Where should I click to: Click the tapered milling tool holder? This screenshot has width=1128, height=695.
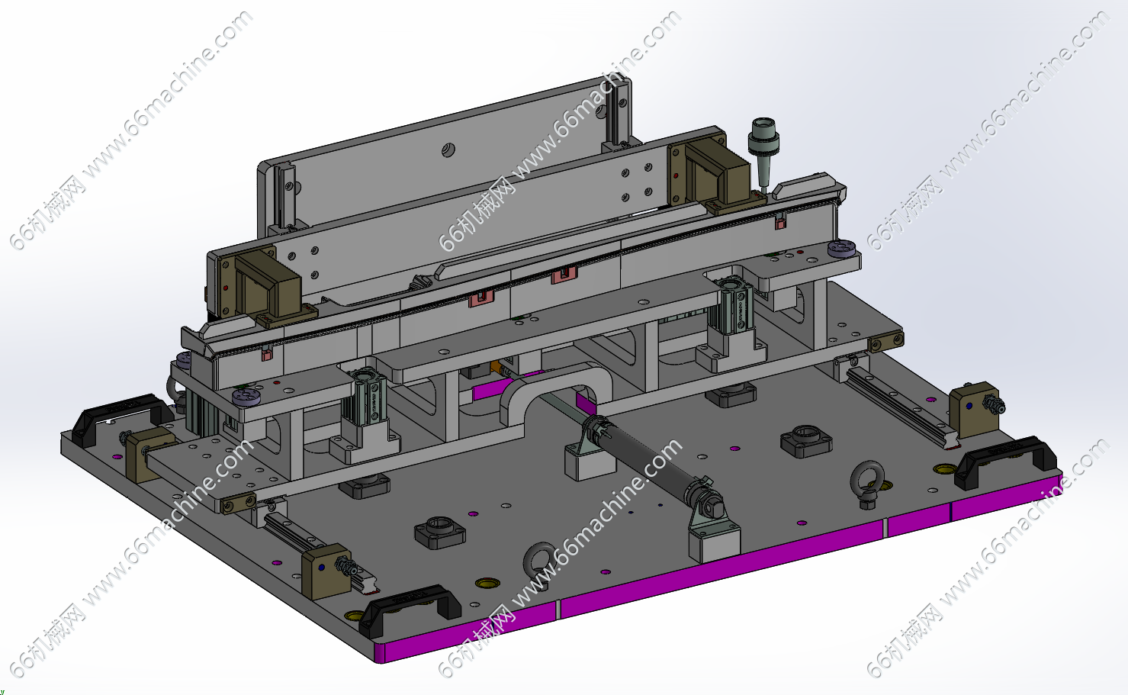(763, 151)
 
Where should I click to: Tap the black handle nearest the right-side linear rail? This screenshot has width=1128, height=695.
(1004, 461)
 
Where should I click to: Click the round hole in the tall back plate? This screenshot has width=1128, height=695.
(448, 150)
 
